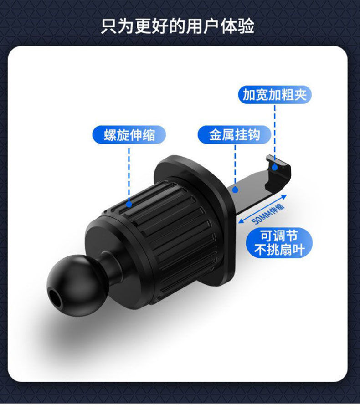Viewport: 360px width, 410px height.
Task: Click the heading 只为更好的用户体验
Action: pyautogui.click(x=178, y=26)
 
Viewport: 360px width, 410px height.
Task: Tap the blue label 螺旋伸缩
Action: pyautogui.click(x=129, y=135)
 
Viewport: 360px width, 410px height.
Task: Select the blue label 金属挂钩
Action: pyautogui.click(x=235, y=135)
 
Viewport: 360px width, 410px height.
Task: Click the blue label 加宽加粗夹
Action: pyautogui.click(x=275, y=95)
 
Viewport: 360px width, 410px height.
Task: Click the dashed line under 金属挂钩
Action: pyautogui.click(x=235, y=164)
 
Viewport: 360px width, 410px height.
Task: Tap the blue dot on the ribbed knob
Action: pyautogui.click(x=129, y=205)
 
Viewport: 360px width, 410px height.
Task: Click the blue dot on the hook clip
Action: pyautogui.click(x=275, y=167)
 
